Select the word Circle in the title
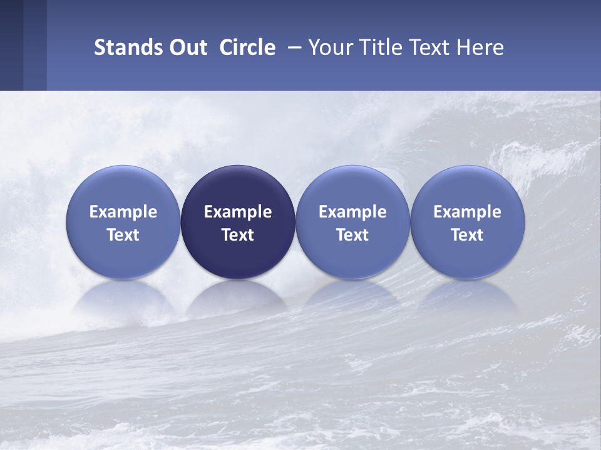[x=247, y=47]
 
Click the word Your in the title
[x=329, y=47]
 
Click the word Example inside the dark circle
[x=238, y=212]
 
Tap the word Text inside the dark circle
[x=238, y=235]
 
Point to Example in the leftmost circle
[x=123, y=212]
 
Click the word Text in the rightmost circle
[x=467, y=235]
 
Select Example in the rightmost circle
[x=467, y=212]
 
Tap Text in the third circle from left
[x=352, y=235]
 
